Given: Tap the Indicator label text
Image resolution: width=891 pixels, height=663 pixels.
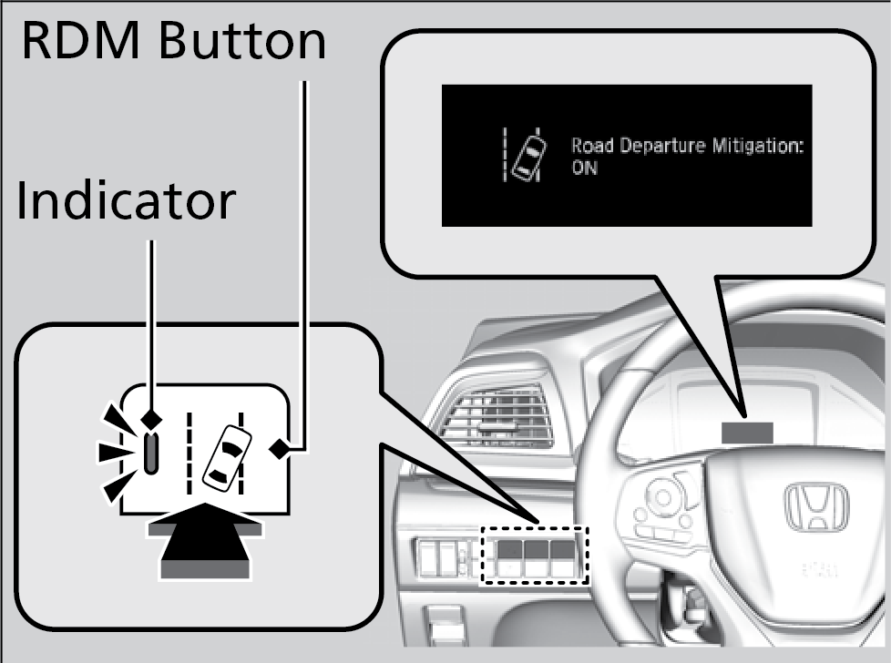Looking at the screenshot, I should [x=126, y=201].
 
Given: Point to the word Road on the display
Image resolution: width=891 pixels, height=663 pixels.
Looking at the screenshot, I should [x=590, y=146].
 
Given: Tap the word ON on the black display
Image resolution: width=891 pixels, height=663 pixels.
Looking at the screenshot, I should [x=584, y=169].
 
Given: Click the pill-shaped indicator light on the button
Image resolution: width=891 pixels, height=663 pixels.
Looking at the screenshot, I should [x=150, y=453].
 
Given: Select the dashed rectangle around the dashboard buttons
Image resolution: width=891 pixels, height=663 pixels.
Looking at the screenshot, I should [x=536, y=555].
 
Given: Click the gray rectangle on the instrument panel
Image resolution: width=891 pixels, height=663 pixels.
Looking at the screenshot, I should [x=747, y=432].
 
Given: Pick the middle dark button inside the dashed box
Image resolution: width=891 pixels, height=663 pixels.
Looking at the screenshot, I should [x=536, y=551].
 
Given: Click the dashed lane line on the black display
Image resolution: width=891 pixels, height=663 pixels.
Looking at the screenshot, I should [x=506, y=155].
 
